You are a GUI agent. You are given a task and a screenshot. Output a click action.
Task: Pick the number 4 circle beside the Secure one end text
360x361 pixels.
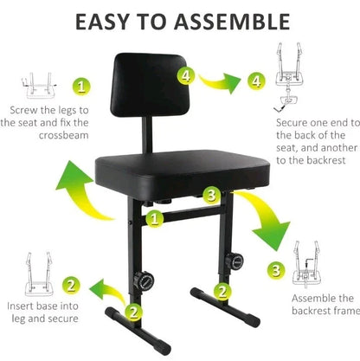click(x=254, y=82)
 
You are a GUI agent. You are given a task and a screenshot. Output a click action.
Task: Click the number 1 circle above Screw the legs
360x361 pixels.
click(x=79, y=87)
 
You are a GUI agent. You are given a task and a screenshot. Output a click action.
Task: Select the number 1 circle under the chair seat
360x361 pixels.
click(x=152, y=219)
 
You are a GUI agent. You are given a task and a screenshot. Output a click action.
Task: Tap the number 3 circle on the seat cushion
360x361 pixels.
click(x=209, y=194)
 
